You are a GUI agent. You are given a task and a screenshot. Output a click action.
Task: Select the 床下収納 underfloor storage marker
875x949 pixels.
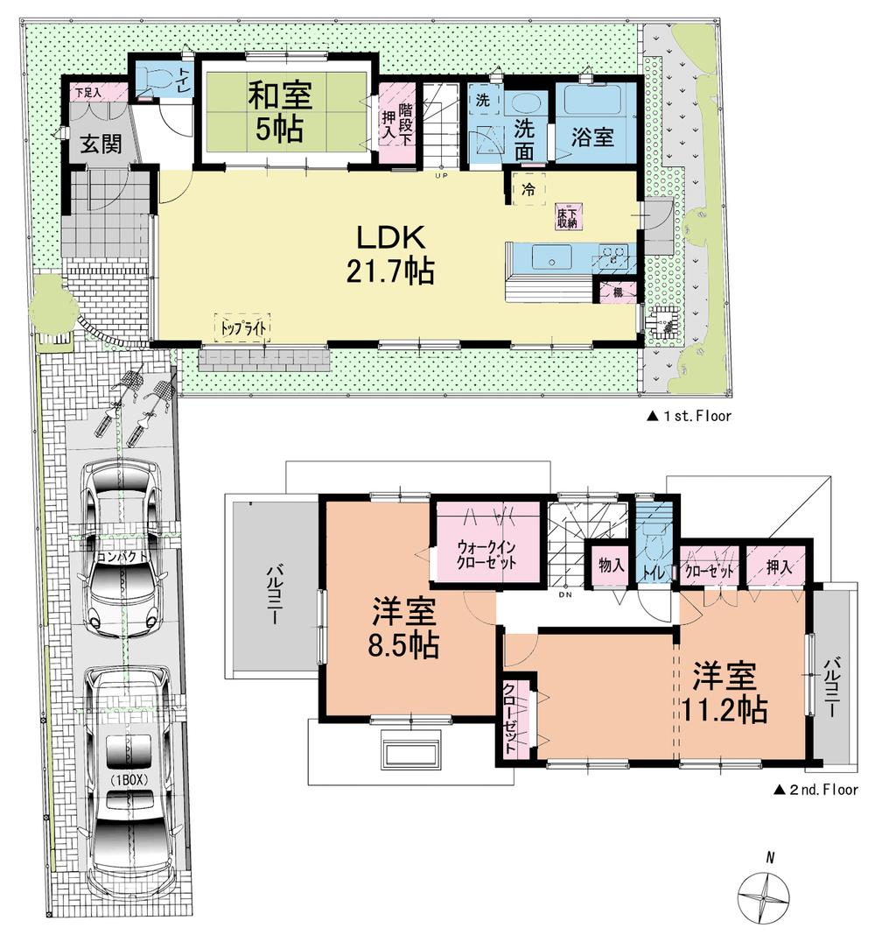point(566,217)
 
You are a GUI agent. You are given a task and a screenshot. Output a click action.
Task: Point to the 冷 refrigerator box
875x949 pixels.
point(528,187)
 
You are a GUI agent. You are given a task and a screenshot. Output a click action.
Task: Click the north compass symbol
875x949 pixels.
point(767,895)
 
